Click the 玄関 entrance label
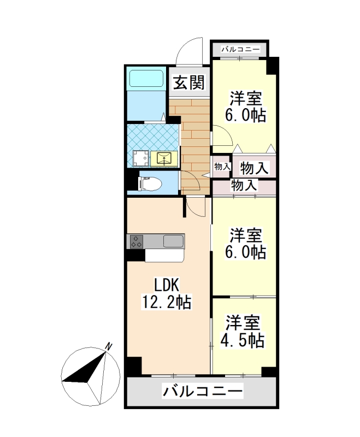[189, 84]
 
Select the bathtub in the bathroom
[146, 79]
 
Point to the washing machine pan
[139, 158]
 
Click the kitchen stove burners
[137, 241]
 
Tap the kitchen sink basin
[173, 241]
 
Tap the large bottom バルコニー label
[202, 392]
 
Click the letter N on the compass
[109, 346]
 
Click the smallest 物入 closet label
[221, 166]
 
